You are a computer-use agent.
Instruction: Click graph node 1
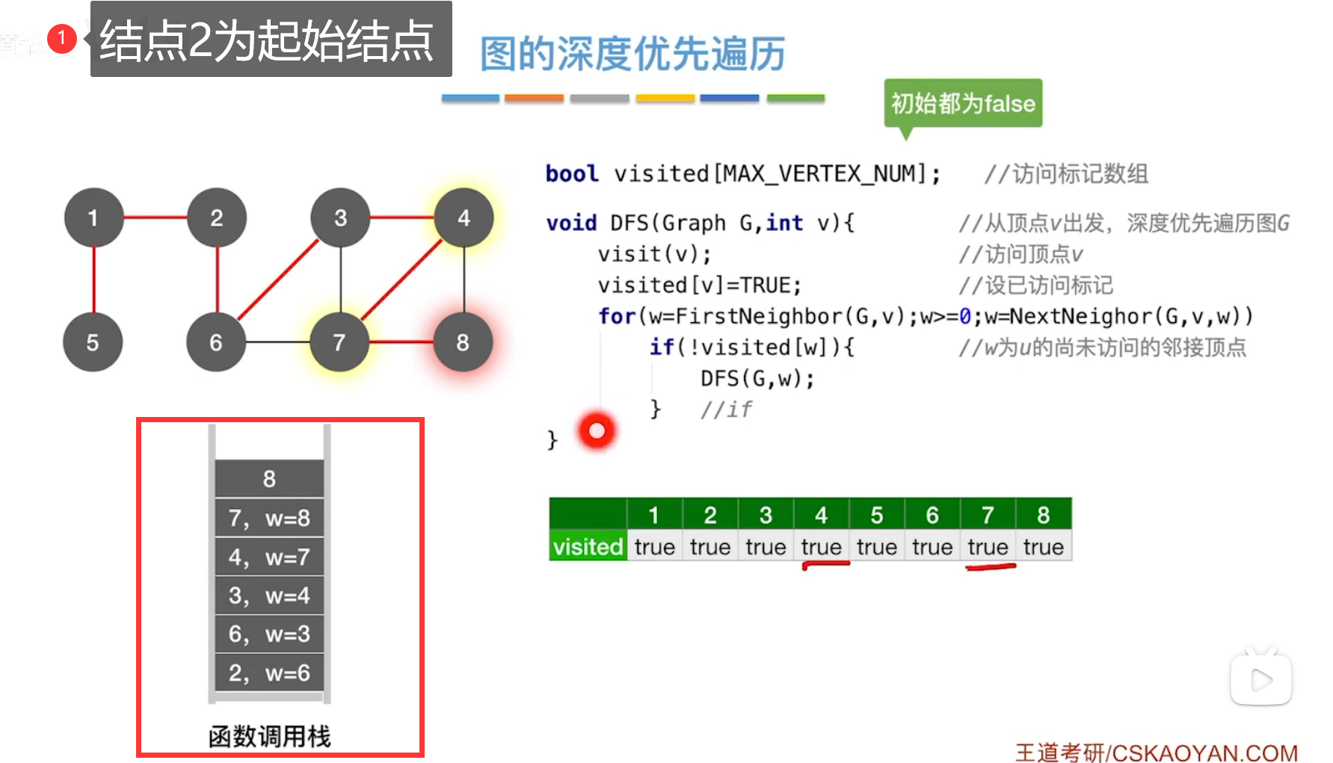[x=93, y=217]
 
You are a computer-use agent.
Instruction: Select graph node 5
[x=93, y=342]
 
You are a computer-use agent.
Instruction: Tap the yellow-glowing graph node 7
[x=339, y=342]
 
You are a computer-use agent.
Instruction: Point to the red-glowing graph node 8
[x=463, y=342]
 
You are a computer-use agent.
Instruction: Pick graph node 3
[x=340, y=217]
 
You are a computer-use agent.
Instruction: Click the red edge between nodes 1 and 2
[x=155, y=217]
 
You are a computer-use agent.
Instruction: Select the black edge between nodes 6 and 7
[x=277, y=342]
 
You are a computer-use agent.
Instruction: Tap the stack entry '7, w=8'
[x=269, y=518]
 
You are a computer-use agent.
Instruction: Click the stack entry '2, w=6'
[x=269, y=673]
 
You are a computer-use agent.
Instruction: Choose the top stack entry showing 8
[x=269, y=478]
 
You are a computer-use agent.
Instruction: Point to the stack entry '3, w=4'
[x=269, y=596]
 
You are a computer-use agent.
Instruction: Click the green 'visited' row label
[x=588, y=546]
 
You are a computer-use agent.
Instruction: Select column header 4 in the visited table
[x=821, y=515]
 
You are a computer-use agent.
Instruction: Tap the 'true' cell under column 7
[x=988, y=546]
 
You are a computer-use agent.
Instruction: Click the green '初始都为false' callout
[x=963, y=103]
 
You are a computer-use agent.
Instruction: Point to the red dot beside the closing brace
[x=597, y=430]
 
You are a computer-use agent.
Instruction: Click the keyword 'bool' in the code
[x=572, y=173]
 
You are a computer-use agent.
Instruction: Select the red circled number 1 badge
[x=61, y=37]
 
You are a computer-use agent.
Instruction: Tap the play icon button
[x=1261, y=679]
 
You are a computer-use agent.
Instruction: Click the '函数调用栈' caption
[x=269, y=736]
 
